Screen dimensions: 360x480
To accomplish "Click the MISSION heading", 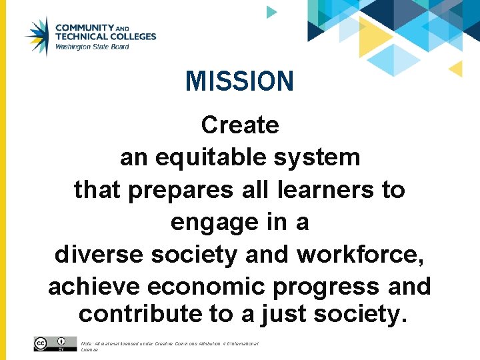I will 239,81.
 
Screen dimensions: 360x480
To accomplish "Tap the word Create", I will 240,125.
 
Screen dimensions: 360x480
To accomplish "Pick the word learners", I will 327,190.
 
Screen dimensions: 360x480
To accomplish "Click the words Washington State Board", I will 92,47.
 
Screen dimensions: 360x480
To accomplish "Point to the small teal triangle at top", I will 271,11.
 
